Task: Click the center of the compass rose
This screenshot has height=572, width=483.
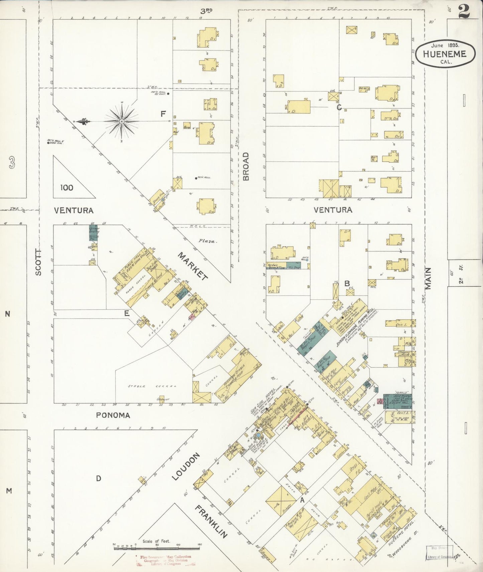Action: [122, 121]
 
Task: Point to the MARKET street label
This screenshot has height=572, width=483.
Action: [193, 266]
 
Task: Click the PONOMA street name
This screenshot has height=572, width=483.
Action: [113, 415]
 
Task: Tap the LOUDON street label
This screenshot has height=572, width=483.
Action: [186, 467]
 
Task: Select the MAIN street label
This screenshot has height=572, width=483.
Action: [428, 279]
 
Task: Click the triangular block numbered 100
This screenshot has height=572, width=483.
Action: [67, 188]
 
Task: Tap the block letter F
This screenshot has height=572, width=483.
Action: [163, 114]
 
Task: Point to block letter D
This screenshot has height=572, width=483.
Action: [98, 479]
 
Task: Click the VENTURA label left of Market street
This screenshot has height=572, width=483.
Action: [74, 211]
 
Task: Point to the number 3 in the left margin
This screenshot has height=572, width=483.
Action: [12, 163]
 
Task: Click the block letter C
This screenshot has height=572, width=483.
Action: [339, 107]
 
